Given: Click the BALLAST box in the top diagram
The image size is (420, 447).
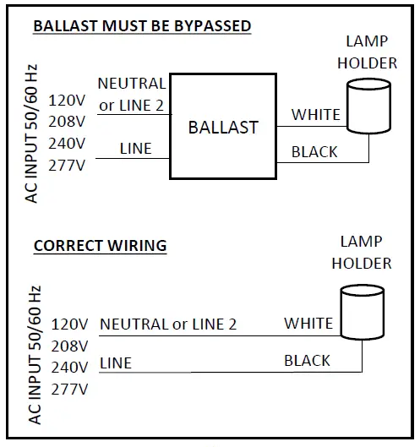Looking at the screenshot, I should pyautogui.click(x=223, y=127).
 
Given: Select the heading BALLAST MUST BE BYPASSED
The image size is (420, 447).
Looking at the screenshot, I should pyautogui.click(x=141, y=26).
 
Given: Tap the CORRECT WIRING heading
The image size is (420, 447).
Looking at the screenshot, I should pyautogui.click(x=100, y=246).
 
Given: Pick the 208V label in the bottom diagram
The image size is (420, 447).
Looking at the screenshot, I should pyautogui.click(x=69, y=346).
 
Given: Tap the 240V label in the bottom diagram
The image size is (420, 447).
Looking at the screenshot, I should pyautogui.click(x=69, y=368).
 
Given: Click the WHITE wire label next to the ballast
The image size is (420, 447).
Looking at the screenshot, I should pyautogui.click(x=315, y=114).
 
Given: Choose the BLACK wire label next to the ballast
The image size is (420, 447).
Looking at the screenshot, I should pyautogui.click(x=314, y=152).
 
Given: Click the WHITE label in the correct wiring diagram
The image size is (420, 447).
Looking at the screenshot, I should pyautogui.click(x=308, y=323).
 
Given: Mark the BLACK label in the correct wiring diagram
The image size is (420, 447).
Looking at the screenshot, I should pyautogui.click(x=307, y=361).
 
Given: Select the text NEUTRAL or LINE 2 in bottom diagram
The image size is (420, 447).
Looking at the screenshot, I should pyautogui.click(x=168, y=324).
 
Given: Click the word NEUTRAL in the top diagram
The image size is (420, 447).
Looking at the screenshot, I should pyautogui.click(x=132, y=84).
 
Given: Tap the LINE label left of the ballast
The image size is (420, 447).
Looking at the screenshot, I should pyautogui.click(x=135, y=148).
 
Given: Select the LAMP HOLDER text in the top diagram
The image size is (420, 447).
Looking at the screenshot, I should pyautogui.click(x=367, y=52).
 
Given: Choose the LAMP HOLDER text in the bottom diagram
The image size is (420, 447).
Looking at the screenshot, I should pyautogui.click(x=361, y=253).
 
